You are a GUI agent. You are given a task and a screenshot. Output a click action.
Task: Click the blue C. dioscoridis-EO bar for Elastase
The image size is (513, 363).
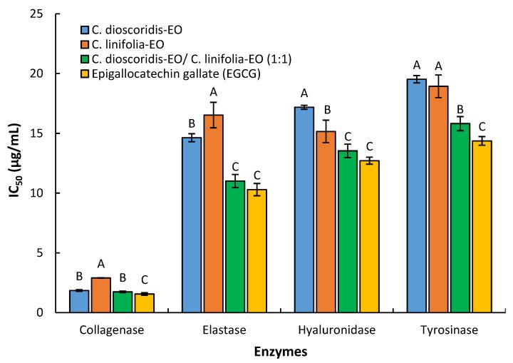click(192, 225)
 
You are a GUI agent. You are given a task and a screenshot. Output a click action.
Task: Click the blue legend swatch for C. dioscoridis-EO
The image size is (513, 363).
click(85, 29)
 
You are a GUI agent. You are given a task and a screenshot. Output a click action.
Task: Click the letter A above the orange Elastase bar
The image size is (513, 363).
click(213, 91)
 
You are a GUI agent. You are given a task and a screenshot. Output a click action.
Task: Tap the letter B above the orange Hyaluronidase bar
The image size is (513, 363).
click(326, 109)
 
